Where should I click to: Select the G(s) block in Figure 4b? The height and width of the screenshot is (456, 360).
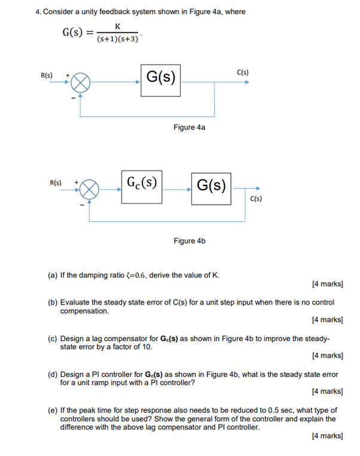[211, 185]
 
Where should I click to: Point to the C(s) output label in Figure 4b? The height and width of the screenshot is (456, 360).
[255, 199]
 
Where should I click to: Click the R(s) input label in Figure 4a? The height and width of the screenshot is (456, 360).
[47, 75]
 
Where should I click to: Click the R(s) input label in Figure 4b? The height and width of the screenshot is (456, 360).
[55, 181]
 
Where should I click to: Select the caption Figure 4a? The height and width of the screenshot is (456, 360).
[189, 127]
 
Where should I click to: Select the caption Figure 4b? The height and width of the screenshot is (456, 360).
[189, 241]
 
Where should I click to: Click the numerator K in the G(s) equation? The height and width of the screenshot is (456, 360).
[118, 26]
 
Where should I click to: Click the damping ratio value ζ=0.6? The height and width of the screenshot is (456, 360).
[131, 275]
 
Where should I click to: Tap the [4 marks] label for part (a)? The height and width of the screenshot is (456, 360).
[327, 285]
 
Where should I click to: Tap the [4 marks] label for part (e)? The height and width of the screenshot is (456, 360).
[327, 436]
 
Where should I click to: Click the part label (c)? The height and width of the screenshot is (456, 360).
[53, 339]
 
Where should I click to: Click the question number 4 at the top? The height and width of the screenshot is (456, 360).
[37, 11]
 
